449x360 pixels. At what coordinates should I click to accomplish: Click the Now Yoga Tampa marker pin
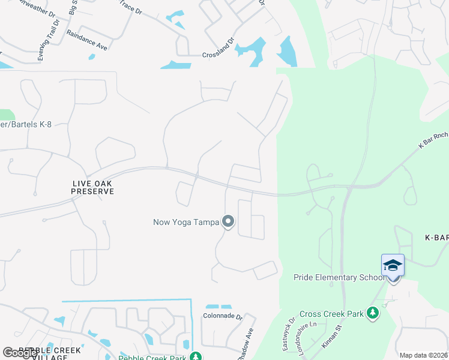[228, 222]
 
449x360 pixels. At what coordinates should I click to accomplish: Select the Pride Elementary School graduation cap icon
[393, 265]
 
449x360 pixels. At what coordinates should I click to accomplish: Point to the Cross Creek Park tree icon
[373, 313]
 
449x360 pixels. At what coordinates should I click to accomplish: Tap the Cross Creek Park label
[333, 313]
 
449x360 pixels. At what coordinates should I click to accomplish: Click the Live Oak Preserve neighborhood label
[92, 187]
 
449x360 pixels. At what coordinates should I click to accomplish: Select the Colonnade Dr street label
[222, 317]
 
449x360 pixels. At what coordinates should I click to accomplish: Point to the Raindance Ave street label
[86, 40]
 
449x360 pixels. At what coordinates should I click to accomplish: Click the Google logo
[20, 353]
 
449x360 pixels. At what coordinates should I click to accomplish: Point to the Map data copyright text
[424, 355]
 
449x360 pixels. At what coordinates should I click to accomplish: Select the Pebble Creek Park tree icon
[195, 357]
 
